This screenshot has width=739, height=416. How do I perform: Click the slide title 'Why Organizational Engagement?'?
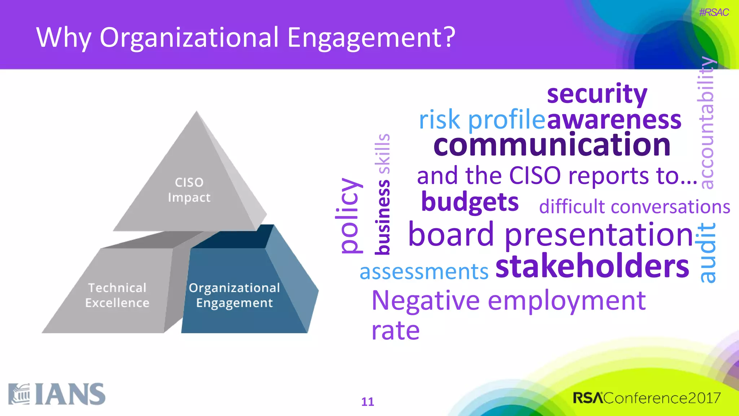click(x=246, y=38)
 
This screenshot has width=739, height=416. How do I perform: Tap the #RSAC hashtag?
click(x=713, y=13)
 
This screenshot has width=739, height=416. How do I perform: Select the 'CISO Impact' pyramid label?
click(x=189, y=190)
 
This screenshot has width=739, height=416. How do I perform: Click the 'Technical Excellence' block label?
click(x=117, y=295)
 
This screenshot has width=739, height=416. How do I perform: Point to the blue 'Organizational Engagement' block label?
click(x=234, y=295)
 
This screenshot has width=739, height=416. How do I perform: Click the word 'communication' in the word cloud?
click(x=552, y=145)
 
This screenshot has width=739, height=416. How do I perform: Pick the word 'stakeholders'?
click(x=592, y=266)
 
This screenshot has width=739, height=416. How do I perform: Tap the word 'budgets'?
click(x=469, y=202)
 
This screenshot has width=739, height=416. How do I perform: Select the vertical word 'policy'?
click(x=348, y=216)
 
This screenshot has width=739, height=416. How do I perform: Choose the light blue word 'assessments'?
click(x=424, y=272)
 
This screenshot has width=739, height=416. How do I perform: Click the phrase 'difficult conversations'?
click(x=634, y=207)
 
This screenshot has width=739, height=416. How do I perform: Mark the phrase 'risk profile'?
click(x=481, y=120)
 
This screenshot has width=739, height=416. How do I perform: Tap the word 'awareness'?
click(x=614, y=120)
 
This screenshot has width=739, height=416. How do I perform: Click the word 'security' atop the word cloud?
click(x=597, y=94)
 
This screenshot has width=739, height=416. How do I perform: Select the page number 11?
click(x=368, y=402)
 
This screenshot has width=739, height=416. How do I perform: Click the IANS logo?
click(x=57, y=394)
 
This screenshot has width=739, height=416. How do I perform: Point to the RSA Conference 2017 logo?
click(x=647, y=398)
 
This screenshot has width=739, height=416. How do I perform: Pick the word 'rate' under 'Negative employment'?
click(x=395, y=330)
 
